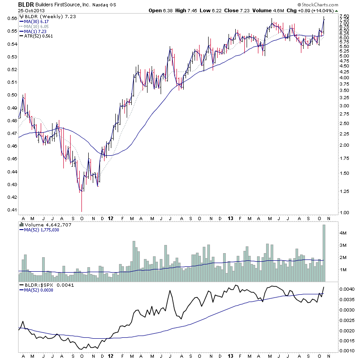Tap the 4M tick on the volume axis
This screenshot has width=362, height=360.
344,233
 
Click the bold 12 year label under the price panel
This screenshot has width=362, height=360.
111,217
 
